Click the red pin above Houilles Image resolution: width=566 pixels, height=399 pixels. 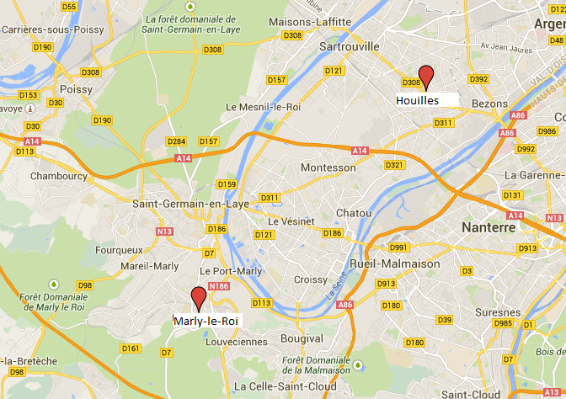tap(427, 76)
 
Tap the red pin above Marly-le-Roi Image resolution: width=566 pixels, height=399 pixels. tap(199, 298)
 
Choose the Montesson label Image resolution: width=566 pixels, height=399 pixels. tap(328, 168)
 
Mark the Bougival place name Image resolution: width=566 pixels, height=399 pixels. tap(302, 337)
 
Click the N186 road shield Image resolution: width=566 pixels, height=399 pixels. tap(220, 287)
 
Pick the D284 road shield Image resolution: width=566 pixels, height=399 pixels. tap(176, 141)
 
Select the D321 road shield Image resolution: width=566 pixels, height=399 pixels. tap(393, 165)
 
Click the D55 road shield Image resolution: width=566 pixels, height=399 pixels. tap(69, 7)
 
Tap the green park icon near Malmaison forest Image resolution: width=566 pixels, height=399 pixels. tap(359, 364)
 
